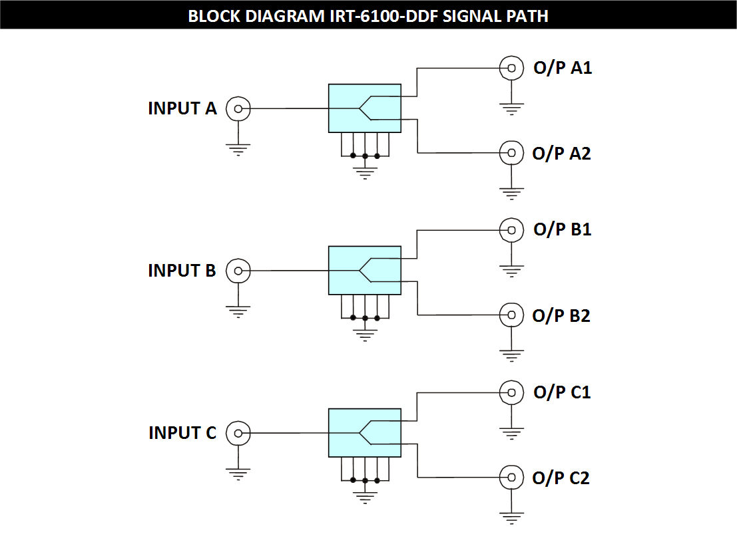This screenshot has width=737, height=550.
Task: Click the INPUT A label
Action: (x=182, y=108)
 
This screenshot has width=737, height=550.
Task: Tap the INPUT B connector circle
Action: (x=238, y=271)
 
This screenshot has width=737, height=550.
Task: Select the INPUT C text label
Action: (x=182, y=433)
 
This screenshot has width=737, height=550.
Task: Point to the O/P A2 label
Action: (x=562, y=154)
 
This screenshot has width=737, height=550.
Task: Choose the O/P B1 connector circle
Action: (x=511, y=230)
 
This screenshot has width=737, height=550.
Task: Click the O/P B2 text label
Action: (x=561, y=315)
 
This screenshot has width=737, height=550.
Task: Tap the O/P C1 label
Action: (x=562, y=392)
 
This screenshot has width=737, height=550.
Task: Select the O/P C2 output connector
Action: (x=511, y=477)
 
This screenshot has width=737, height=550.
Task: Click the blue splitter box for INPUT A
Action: (x=365, y=108)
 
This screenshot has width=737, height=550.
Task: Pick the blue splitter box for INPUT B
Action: (x=365, y=270)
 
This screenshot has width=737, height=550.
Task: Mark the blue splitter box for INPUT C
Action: (x=365, y=433)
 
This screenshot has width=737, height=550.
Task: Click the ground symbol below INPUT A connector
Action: (x=238, y=149)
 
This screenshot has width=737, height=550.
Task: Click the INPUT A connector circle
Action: (x=238, y=108)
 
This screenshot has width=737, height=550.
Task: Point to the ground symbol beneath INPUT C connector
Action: (x=238, y=474)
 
